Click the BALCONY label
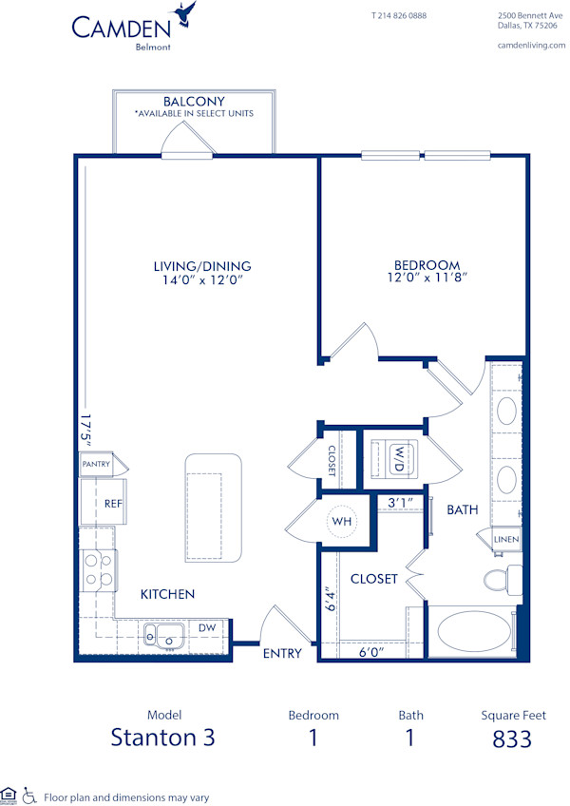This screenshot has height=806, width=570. coord(193,101)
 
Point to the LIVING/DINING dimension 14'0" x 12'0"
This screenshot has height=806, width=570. coord(208,279)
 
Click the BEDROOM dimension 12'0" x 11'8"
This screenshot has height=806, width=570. coord(427,279)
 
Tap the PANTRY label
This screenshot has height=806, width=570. coord(95,465)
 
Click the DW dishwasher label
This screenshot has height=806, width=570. coord(206,628)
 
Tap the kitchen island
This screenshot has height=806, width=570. coord(214,506)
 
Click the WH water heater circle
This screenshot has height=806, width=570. coord(341,521)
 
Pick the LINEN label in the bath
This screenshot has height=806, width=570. coord(506,540)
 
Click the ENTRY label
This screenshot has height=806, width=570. coord(282,653)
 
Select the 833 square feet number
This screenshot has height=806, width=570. coord(512,739)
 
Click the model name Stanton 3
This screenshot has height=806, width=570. coord(163,739)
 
